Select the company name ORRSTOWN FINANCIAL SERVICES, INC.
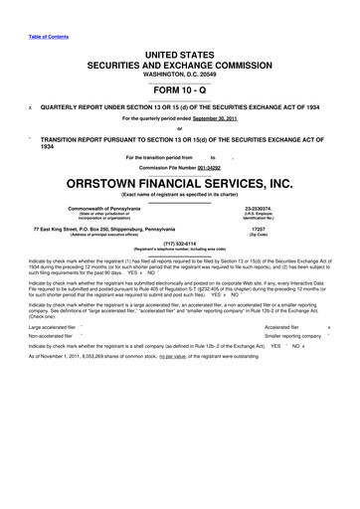pos(179,182)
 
